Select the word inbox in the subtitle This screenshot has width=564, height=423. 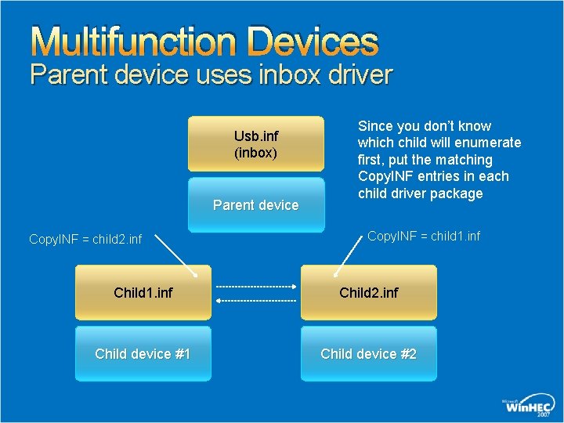[x=296, y=75]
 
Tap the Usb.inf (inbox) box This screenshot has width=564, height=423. [x=256, y=143]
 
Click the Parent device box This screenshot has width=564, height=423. [x=256, y=204]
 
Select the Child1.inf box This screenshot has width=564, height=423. [x=143, y=292]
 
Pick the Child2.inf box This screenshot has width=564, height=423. [x=368, y=292]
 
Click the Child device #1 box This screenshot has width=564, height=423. [x=143, y=353]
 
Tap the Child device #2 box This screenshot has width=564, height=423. [x=368, y=353]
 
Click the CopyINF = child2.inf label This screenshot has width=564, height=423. [x=85, y=239]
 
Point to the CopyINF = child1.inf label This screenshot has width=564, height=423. [x=424, y=236]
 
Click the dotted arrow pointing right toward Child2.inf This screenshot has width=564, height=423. [x=256, y=286]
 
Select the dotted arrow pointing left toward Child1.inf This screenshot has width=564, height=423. [x=256, y=300]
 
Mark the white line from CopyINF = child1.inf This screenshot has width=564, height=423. [x=349, y=255]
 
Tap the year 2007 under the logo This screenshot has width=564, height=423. [x=543, y=415]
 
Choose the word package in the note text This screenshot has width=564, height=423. [x=456, y=193]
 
